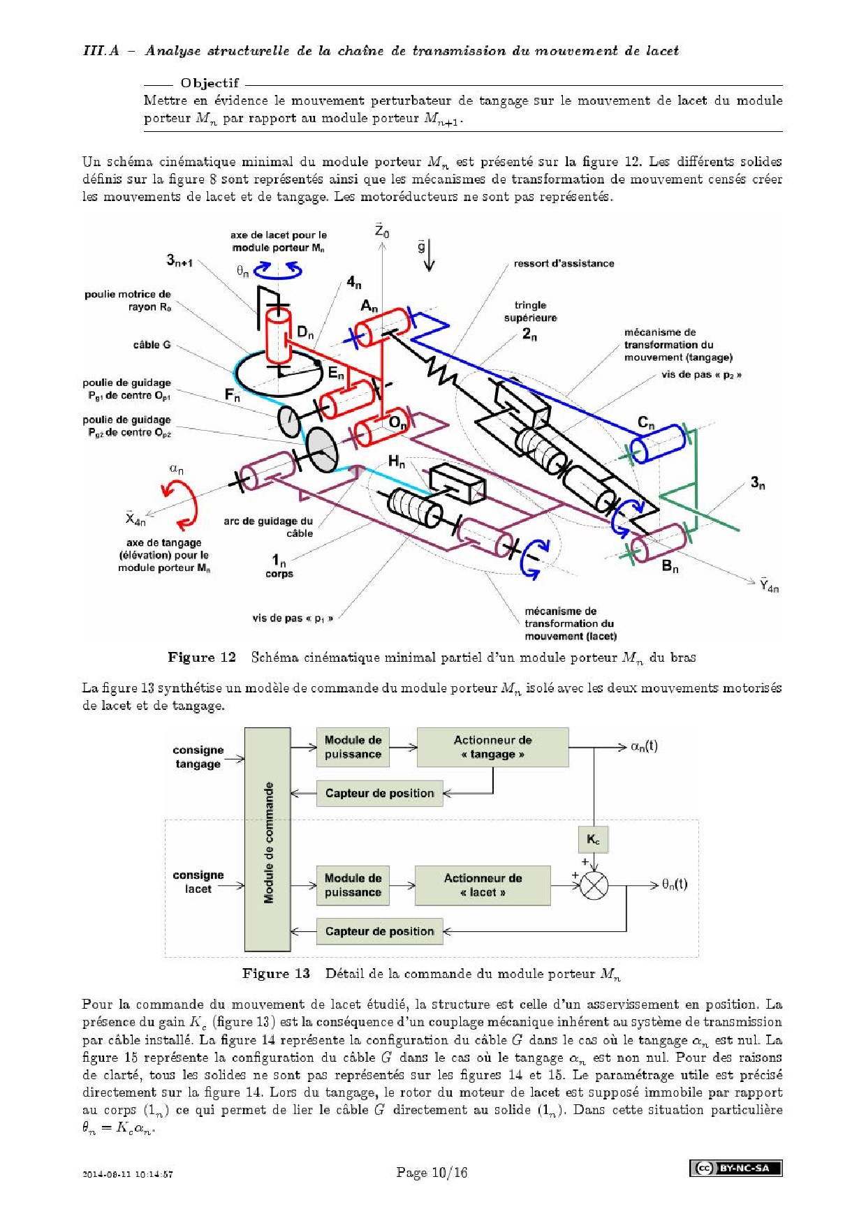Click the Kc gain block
[593, 839]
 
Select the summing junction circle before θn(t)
[594, 886]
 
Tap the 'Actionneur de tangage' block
[492, 747]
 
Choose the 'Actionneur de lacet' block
[483, 885]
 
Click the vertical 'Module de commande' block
[267, 839]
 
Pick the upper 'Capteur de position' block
[379, 793]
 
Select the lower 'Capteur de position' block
[379, 931]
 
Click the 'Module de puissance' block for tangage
[353, 747]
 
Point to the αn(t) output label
[644, 746]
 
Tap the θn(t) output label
[675, 884]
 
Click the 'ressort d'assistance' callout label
[564, 263]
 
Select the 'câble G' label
[152, 345]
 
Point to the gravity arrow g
[428, 254]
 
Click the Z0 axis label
[381, 231]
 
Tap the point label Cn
[646, 423]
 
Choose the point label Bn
[670, 566]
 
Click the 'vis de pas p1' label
[292, 618]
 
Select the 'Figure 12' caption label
[202, 658]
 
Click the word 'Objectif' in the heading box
[210, 83]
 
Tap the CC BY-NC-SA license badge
[735, 1168]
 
